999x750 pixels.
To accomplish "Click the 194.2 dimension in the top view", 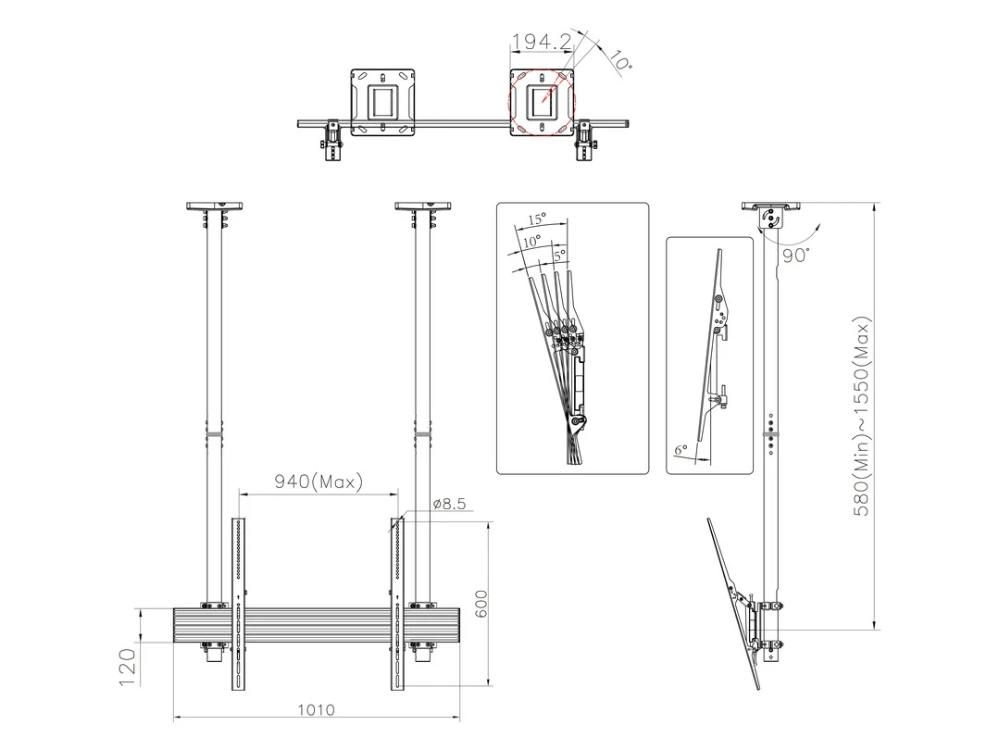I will tap(542, 42).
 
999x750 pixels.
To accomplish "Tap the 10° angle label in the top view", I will tap(621, 61).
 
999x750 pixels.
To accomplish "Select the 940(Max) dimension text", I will tap(318, 481).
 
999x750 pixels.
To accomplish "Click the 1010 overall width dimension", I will tap(316, 710).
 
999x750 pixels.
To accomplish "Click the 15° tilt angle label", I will tap(536, 220).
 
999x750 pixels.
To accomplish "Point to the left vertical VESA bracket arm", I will tap(239, 602).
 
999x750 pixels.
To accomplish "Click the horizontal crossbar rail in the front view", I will tap(315, 625).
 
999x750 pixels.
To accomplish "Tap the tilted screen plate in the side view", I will tap(731, 602).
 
